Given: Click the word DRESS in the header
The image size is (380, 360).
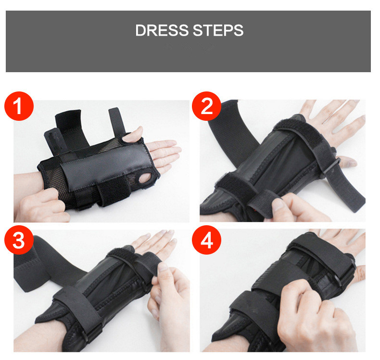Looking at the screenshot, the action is tap(162, 30).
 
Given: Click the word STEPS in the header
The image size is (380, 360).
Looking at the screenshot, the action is tap(218, 30).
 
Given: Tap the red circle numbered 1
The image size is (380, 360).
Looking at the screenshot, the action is tap(19, 106).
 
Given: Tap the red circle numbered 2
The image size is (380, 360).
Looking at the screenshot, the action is tap(206, 106).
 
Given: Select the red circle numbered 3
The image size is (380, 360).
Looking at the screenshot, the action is tap(19, 240).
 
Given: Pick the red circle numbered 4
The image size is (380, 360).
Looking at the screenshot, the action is tap(206, 240).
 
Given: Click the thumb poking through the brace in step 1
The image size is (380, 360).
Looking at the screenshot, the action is tap(132, 135).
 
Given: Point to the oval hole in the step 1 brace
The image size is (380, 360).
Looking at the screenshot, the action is tap(146, 179).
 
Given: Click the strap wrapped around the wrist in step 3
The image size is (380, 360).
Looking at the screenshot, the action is tap(77, 313).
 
